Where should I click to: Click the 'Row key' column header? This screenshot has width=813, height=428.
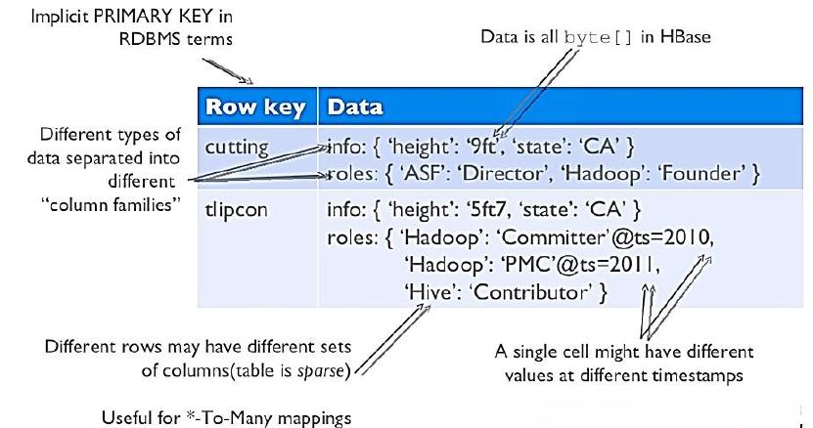click(255, 107)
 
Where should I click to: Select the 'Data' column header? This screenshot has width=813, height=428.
click(355, 107)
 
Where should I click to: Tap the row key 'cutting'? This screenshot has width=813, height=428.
click(237, 148)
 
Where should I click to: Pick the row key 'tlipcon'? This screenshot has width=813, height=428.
click(237, 210)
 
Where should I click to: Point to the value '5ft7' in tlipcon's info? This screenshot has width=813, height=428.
click(486, 209)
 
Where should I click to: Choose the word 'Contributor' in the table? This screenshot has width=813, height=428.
click(531, 293)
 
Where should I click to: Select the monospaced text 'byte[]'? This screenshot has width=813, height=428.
click(599, 37)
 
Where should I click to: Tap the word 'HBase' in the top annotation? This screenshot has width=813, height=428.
click(686, 36)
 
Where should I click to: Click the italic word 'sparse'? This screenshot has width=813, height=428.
click(320, 371)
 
